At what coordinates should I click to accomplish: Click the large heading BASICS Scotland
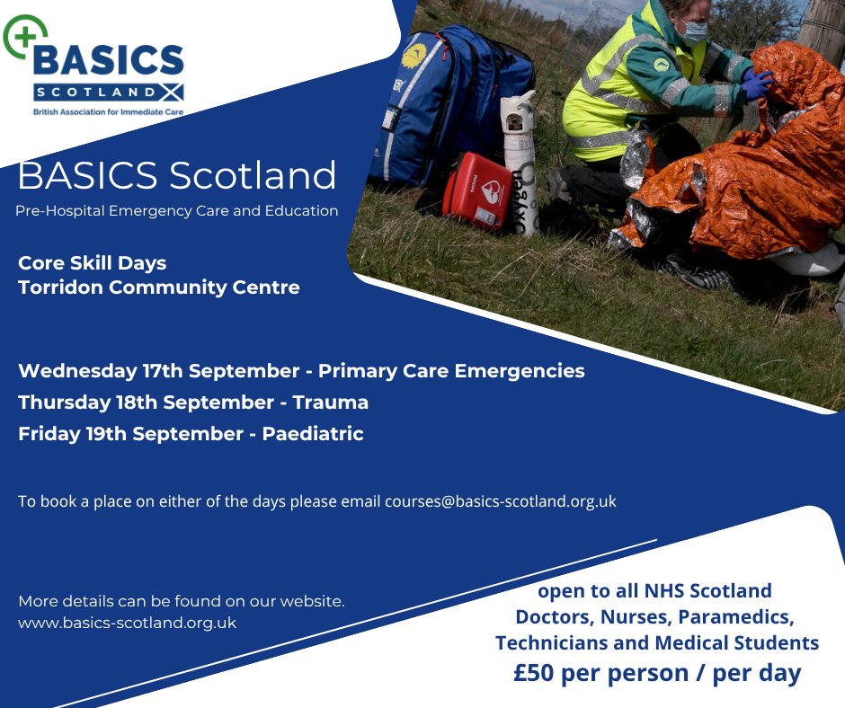(177, 175)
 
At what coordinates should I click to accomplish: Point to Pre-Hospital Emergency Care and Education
(177, 211)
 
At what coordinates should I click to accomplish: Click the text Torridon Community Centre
(159, 288)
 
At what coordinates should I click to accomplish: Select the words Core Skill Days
(92, 263)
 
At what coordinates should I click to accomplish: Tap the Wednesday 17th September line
(301, 370)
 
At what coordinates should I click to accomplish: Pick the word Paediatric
(313, 433)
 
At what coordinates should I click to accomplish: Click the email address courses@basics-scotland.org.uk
(500, 501)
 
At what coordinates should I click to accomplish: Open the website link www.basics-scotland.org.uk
(127, 622)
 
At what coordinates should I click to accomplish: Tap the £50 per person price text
(656, 673)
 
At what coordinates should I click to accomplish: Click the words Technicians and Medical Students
(656, 643)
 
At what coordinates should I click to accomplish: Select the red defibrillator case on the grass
(476, 190)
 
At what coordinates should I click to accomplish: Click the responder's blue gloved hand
(757, 85)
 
